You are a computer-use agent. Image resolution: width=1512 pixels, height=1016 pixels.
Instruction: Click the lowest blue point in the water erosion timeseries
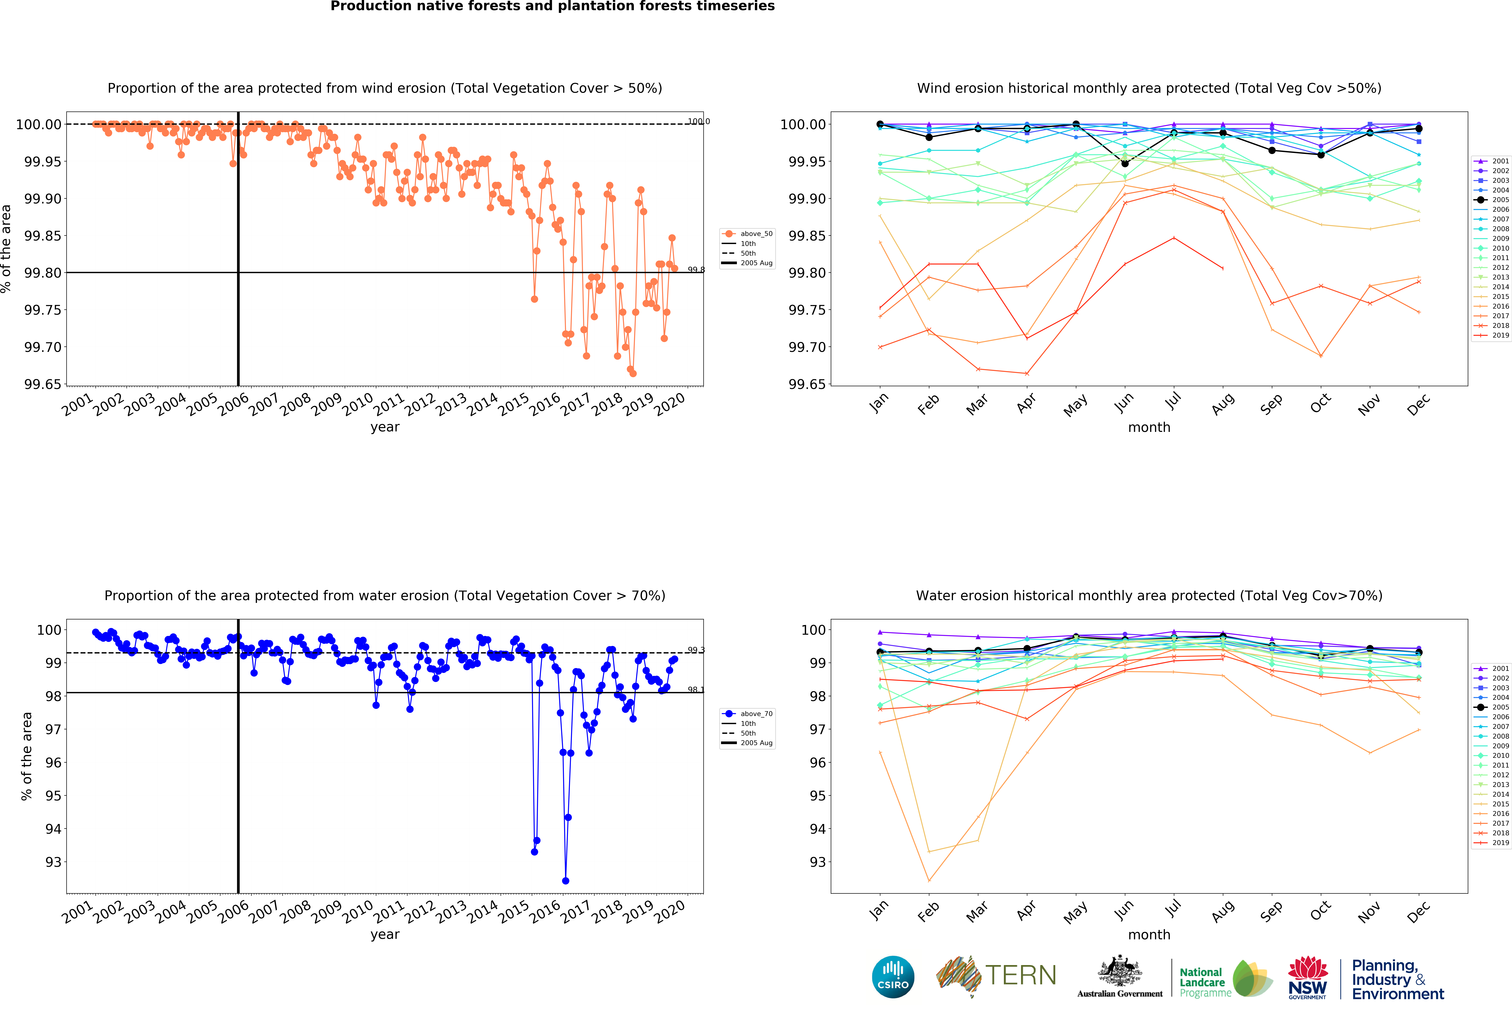pyautogui.click(x=566, y=881)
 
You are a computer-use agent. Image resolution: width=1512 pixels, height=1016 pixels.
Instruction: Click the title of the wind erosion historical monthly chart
pyautogui.click(x=1149, y=88)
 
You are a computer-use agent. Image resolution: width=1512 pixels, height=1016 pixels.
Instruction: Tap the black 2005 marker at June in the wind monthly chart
pyautogui.click(x=1125, y=163)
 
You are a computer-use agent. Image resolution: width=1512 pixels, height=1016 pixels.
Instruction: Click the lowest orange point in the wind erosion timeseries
pyautogui.click(x=633, y=373)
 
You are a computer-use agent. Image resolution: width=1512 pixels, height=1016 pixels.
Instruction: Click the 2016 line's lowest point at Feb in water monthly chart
pyautogui.click(x=929, y=881)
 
